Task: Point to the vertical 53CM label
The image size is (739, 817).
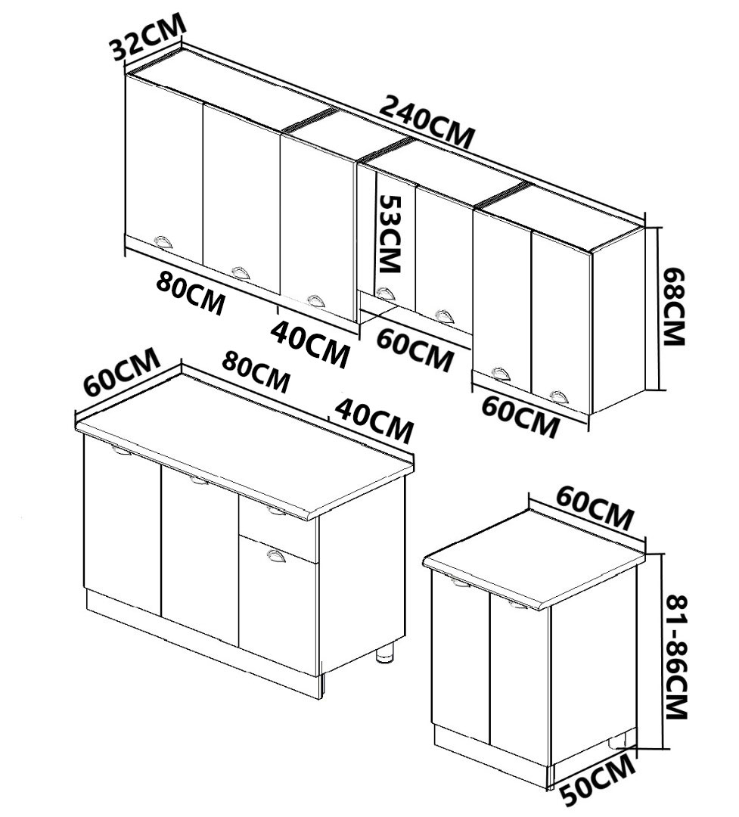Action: pos(390,234)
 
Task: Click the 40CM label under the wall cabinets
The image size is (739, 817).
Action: pos(311,343)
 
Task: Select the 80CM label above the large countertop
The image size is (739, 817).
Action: pos(256,371)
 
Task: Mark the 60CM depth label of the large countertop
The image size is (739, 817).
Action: pos(121,371)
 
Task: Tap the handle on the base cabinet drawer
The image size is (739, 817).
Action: pos(278,512)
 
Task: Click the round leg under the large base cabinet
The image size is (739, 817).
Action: pos(387,652)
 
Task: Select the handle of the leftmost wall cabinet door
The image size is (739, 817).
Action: pos(163,241)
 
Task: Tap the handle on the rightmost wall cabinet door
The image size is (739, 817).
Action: pos(558,396)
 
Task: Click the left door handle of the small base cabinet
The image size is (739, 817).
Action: pos(460,582)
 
